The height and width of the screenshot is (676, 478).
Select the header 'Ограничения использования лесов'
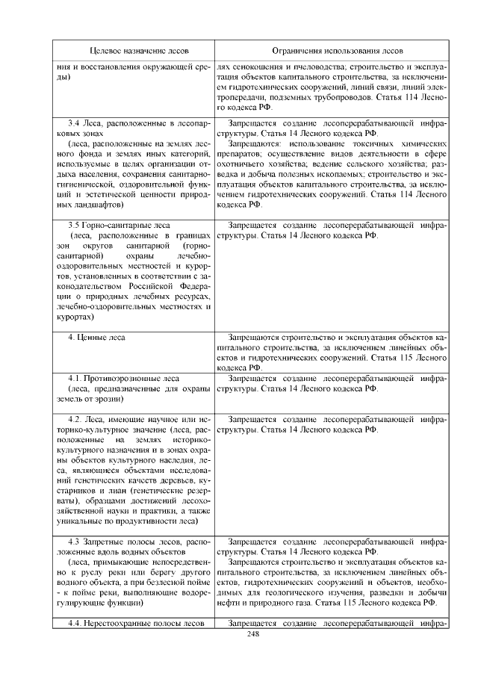click(x=331, y=51)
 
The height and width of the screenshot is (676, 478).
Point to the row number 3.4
click(x=74, y=122)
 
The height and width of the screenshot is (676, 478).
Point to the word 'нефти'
click(x=228, y=601)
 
